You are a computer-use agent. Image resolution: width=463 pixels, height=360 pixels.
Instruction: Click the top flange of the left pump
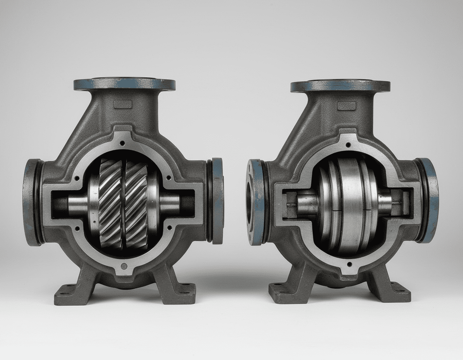coord(125,84)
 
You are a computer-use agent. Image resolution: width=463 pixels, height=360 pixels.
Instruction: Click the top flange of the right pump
coord(340,86)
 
